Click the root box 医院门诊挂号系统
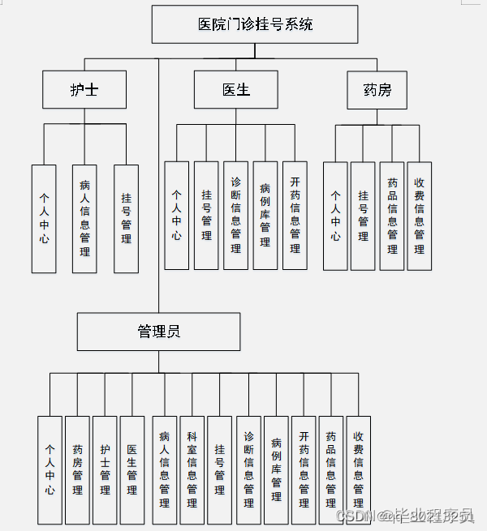[x=255, y=24]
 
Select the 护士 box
[x=84, y=89]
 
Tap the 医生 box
[x=235, y=89]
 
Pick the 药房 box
[x=377, y=89]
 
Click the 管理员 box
[x=158, y=332]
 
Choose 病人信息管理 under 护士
[x=84, y=218]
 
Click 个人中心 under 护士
[x=44, y=218]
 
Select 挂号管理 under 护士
[x=126, y=218]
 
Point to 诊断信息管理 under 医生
[x=235, y=215]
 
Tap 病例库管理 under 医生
[x=265, y=215]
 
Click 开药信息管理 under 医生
[x=295, y=215]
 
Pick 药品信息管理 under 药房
[x=392, y=216]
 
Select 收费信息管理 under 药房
[x=419, y=216]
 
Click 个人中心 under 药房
[x=335, y=216]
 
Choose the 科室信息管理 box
[x=192, y=469]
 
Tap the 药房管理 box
[x=78, y=469]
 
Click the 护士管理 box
[x=105, y=469]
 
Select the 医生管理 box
[x=132, y=469]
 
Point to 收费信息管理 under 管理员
[x=358, y=469]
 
